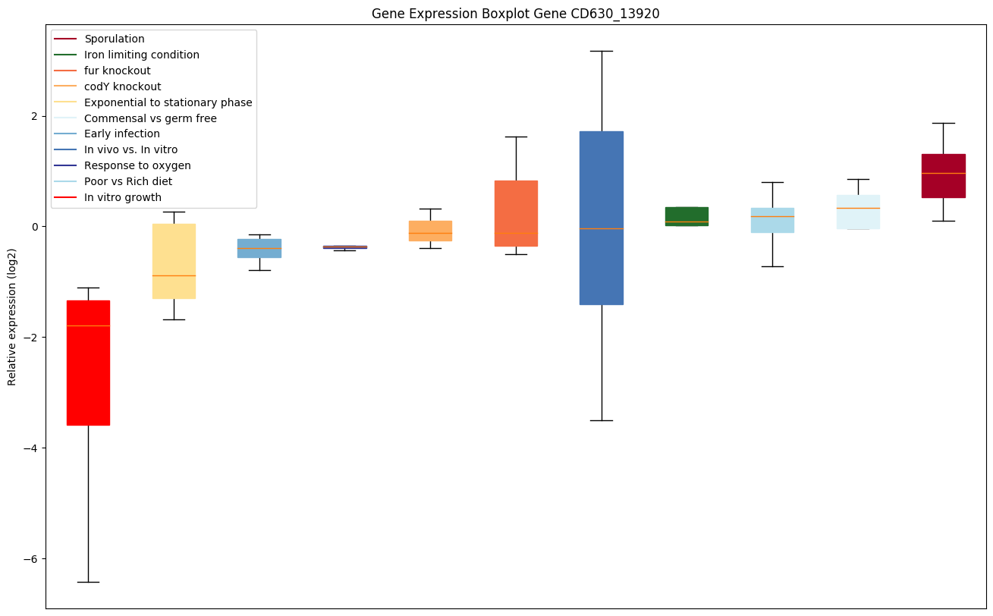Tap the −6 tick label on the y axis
coord(32,559)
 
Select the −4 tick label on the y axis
coord(32,448)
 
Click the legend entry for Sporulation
coord(115,39)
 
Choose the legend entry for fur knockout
coord(118,71)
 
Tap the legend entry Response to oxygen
coord(137,165)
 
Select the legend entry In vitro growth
coord(123,197)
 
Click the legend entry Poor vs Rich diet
coord(128,181)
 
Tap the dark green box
coord(687,215)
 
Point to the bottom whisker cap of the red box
coord(88,582)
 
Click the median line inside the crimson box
coord(943,173)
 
